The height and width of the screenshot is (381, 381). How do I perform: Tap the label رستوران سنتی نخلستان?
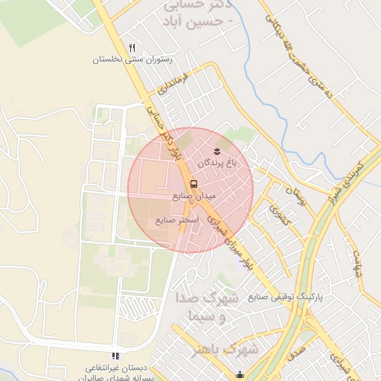click(x=131, y=60)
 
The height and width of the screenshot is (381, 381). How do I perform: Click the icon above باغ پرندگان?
click(x=217, y=152)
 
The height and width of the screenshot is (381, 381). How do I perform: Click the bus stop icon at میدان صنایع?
click(x=194, y=184)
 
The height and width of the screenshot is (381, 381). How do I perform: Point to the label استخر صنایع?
click(x=177, y=220)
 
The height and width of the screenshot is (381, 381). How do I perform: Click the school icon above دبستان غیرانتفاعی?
click(x=115, y=356)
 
